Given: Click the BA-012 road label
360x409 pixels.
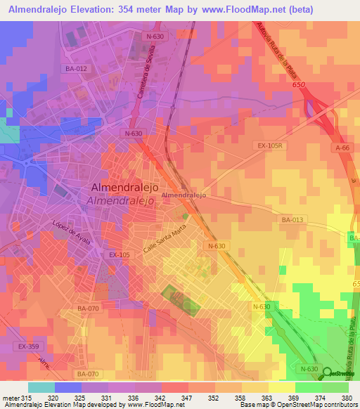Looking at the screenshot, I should click(x=77, y=68).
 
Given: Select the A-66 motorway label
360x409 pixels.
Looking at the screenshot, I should click(x=342, y=148).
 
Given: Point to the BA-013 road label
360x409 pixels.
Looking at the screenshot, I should click(x=292, y=220).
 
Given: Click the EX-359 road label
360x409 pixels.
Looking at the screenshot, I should click(x=28, y=347).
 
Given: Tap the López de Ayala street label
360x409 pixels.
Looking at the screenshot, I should click(x=71, y=231).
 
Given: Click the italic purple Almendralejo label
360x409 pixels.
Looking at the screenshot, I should click(x=120, y=200).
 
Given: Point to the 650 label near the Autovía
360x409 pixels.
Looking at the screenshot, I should click(x=299, y=84).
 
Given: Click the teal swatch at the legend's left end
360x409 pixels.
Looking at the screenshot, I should click(x=41, y=387).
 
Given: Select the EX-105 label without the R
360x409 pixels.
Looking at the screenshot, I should click(x=120, y=255).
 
